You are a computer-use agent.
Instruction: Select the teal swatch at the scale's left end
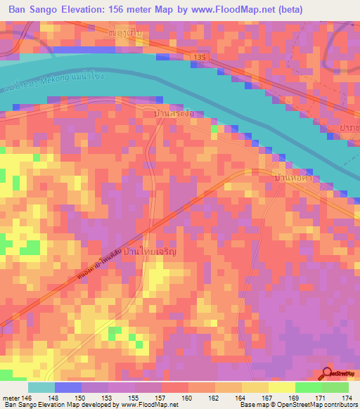41,387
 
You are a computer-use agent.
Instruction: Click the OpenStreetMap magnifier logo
328,374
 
